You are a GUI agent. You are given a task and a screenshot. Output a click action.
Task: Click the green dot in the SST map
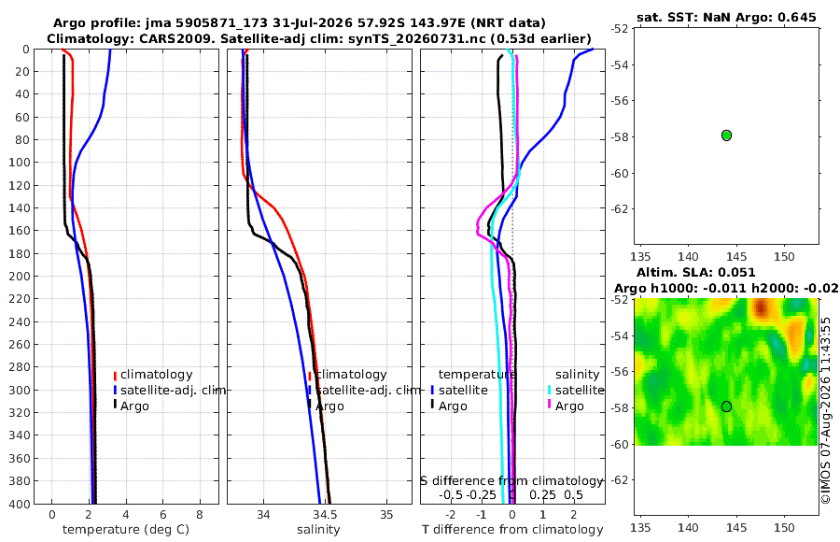point(726,135)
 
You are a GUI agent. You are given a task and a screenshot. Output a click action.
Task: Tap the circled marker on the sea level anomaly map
point(726,406)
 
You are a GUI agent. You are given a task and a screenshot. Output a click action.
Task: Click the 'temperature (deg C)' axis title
point(126,530)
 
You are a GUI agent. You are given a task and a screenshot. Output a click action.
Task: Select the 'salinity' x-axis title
point(318,530)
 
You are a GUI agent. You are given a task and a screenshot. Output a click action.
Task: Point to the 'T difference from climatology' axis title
point(512,530)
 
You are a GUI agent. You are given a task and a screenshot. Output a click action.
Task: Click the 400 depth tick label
point(20,504)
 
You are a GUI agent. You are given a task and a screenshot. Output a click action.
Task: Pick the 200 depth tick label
point(20,277)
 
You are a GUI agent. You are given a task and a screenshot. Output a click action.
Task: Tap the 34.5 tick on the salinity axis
point(325,515)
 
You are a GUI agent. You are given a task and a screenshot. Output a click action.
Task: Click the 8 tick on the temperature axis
point(200,515)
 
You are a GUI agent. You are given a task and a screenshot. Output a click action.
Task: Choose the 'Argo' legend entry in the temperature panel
point(131,406)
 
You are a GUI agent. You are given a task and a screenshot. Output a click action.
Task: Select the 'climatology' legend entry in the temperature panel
point(153,375)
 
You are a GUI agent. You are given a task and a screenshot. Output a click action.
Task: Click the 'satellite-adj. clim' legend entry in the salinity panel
point(364,390)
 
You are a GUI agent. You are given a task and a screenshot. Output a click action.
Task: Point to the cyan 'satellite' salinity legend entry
point(576,390)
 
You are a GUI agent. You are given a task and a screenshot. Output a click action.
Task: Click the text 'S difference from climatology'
point(511,481)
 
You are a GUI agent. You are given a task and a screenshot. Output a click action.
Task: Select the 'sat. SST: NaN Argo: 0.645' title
point(726,17)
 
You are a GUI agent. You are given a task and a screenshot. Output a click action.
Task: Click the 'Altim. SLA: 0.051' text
point(696,272)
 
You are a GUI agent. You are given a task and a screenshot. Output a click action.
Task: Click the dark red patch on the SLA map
point(761,308)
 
